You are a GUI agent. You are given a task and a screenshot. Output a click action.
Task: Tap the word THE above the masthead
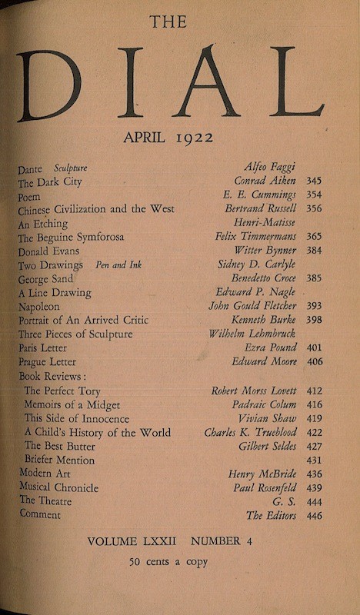pyautogui.click(x=168, y=22)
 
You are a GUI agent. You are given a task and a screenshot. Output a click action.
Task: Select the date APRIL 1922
pyautogui.click(x=168, y=138)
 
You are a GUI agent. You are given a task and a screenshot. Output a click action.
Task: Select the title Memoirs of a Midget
pyautogui.click(x=72, y=404)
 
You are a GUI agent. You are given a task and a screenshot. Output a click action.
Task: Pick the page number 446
pyautogui.click(x=314, y=516)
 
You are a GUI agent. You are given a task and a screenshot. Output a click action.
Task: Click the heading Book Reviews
pyautogui.click(x=52, y=377)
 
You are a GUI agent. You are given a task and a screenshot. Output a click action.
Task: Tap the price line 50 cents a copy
pyautogui.click(x=168, y=562)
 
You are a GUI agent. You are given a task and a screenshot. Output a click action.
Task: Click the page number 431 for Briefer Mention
pyautogui.click(x=314, y=460)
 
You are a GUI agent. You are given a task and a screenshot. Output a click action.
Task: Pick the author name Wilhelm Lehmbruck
pyautogui.click(x=252, y=334)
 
